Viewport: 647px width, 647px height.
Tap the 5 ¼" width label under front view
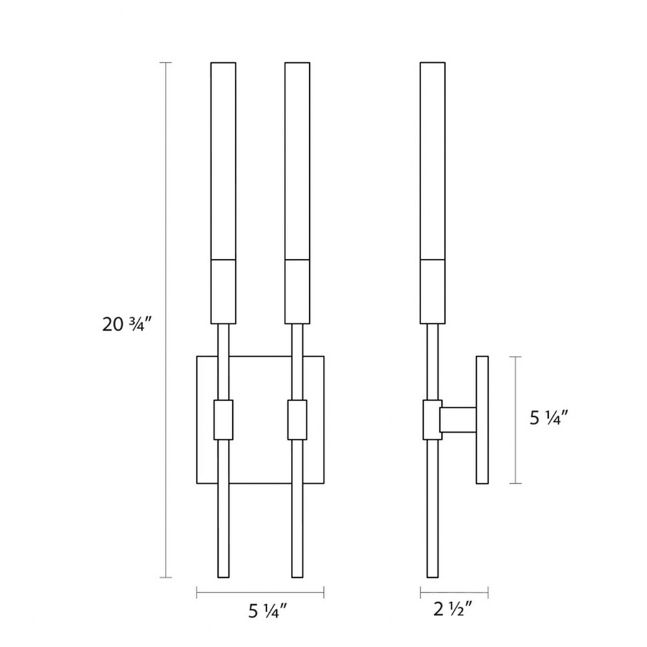click(x=267, y=611)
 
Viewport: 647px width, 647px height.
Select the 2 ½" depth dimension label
click(x=453, y=609)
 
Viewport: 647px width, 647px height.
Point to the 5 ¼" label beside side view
click(x=549, y=419)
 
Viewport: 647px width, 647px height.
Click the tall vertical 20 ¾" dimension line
click(x=166, y=320)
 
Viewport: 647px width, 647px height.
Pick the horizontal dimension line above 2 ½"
click(x=454, y=593)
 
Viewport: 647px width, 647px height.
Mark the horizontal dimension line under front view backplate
click(x=260, y=593)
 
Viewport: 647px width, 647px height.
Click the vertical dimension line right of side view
click(x=516, y=420)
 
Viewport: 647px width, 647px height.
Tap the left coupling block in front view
click(x=223, y=420)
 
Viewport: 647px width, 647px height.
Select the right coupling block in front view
click(x=297, y=420)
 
